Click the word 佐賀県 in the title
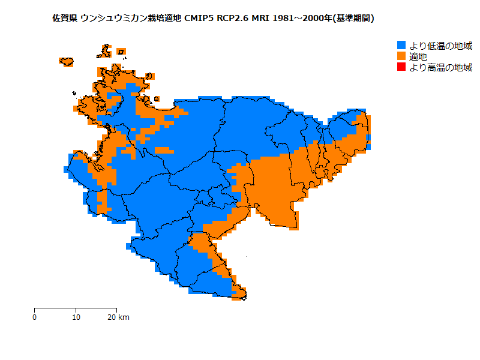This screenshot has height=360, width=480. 65,18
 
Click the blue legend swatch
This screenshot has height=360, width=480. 401,46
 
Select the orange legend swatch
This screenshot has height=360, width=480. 401,56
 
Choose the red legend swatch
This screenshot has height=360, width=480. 401,67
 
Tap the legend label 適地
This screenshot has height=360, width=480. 418,56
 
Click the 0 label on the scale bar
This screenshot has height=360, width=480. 35,317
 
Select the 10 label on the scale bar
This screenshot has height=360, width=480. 76,317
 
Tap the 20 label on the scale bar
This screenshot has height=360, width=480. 112,317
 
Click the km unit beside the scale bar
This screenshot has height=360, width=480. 124,317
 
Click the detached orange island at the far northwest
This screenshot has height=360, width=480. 67,61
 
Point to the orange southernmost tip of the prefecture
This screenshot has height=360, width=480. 239,295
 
